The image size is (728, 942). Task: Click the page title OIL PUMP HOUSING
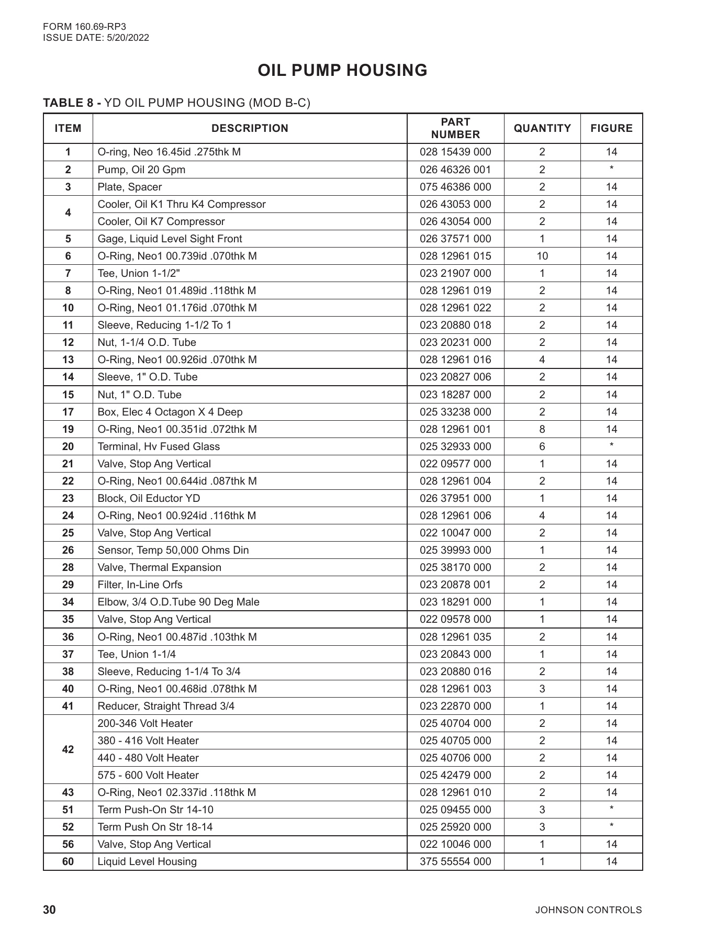click(342, 71)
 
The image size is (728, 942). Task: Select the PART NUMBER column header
click(455, 128)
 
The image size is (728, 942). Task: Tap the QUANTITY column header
click(542, 128)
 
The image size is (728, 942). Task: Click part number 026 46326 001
click(455, 170)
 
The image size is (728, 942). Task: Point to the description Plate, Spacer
click(130, 187)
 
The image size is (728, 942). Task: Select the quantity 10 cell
click(542, 256)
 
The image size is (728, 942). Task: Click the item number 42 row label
click(68, 749)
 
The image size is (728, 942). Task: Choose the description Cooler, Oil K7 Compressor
click(161, 221)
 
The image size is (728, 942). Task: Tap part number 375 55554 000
click(455, 861)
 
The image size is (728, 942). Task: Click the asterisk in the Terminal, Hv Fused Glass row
click(611, 446)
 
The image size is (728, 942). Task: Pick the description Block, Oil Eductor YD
click(149, 498)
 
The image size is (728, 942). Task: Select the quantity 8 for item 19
click(542, 429)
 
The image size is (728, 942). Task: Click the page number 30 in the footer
click(49, 910)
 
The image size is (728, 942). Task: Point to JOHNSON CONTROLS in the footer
click(588, 910)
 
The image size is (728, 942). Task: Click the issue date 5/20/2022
click(128, 38)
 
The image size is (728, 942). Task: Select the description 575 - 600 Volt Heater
click(148, 775)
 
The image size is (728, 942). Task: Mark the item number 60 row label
click(68, 861)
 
